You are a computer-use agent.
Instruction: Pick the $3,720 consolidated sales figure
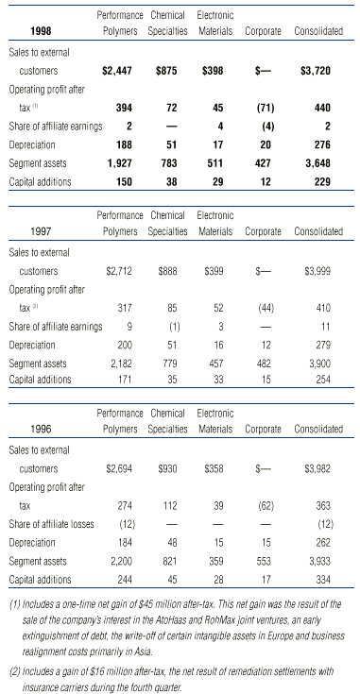(320, 71)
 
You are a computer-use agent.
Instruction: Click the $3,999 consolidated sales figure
(321, 270)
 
